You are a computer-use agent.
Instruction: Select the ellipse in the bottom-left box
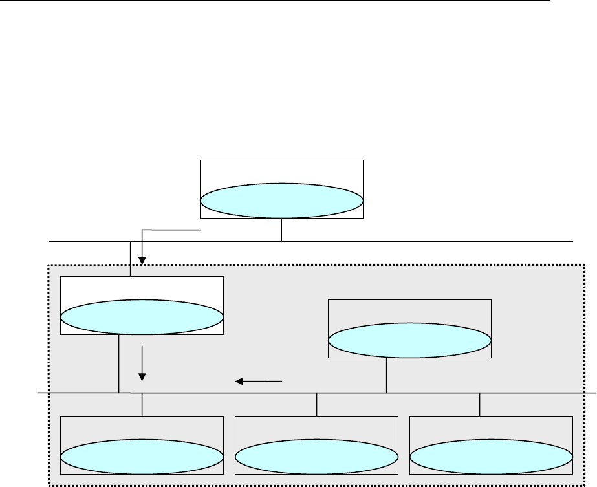pyautogui.click(x=142, y=458)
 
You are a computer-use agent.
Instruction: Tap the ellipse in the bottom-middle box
pyautogui.click(x=316, y=458)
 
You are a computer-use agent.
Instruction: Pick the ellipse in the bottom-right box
pyautogui.click(x=492, y=458)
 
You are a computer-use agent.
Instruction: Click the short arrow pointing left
pyautogui.click(x=259, y=382)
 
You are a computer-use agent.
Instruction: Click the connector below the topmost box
pyautogui.click(x=282, y=230)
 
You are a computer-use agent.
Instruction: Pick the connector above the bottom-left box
pyautogui.click(x=142, y=404)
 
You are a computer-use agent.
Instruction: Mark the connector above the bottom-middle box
pyautogui.click(x=316, y=404)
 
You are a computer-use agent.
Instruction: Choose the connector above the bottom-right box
pyautogui.click(x=479, y=404)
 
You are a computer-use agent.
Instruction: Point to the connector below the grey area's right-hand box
pyautogui.click(x=387, y=375)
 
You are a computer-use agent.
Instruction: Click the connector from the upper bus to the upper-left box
pyautogui.click(x=131, y=259)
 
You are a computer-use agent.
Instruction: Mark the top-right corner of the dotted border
pyautogui.click(x=585, y=264)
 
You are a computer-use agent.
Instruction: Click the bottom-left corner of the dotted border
pyautogui.click(x=50, y=484)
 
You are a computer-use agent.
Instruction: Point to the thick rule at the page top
pyautogui.click(x=278, y=1)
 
